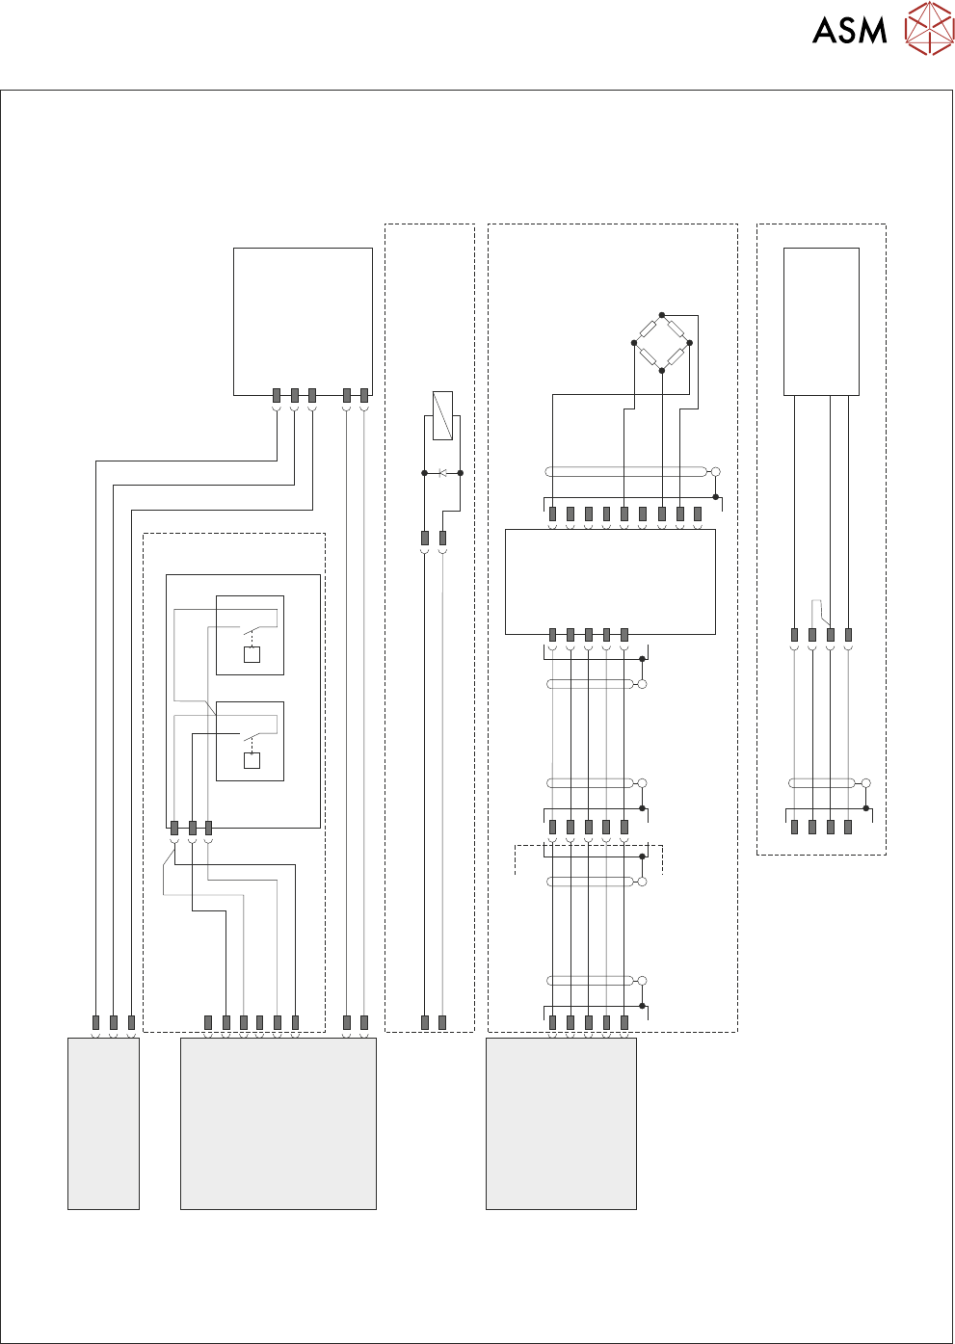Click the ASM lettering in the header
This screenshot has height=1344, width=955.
(849, 31)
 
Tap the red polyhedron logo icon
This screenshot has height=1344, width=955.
(929, 28)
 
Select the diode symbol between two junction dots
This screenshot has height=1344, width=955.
(442, 473)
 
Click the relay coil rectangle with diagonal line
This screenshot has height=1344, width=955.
(442, 415)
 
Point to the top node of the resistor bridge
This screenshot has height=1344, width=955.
(662, 315)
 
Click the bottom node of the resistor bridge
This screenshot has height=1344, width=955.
(662, 370)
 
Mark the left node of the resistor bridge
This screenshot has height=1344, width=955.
(635, 343)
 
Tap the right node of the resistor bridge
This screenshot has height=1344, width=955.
(689, 343)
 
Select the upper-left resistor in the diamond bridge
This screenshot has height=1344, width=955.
(649, 329)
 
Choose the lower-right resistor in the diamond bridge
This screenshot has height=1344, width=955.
(676, 356)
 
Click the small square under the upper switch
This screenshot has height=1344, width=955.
(252, 655)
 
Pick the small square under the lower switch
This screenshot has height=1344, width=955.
(252, 761)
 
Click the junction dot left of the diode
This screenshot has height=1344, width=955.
(425, 473)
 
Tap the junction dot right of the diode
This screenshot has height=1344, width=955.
(460, 473)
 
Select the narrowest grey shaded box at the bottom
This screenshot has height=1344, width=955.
(103, 1123)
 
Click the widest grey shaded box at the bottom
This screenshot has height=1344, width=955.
(279, 1123)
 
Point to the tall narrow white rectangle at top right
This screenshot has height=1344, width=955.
(821, 322)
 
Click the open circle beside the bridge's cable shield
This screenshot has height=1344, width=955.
(715, 472)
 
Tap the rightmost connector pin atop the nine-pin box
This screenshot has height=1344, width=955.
(698, 514)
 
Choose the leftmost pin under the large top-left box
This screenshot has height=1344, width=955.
(277, 395)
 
